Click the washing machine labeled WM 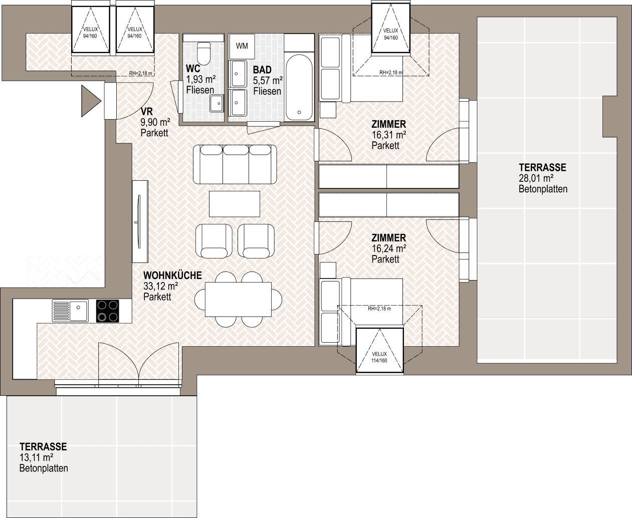pos(242,46)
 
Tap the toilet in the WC pos(204,53)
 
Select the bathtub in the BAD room pos(299,88)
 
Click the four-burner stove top pos(108,311)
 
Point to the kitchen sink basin pos(79,310)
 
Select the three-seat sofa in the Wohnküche pos(235,164)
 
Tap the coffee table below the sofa pos(235,204)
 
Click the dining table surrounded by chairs pos(238,299)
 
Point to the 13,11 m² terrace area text pos(37,457)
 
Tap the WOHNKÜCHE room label pos(172,276)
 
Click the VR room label pos(147,112)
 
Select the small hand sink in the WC pos(217,103)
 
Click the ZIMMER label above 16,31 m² pos(388,124)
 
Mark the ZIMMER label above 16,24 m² pos(388,238)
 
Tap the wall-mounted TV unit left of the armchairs pos(140,222)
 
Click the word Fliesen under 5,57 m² pos(267,91)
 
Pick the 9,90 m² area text pos(155,122)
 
